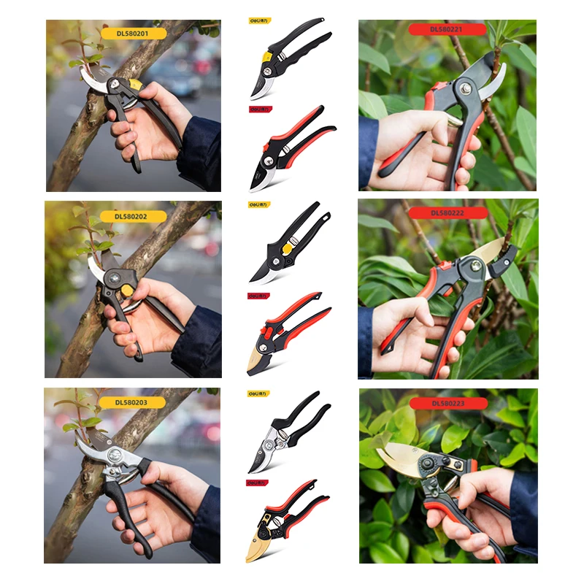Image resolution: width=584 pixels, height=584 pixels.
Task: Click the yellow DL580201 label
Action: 133,33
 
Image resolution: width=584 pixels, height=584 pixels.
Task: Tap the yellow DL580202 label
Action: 133,216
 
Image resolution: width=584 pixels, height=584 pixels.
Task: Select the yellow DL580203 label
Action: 133,402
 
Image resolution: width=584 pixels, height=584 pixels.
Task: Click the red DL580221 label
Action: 447,30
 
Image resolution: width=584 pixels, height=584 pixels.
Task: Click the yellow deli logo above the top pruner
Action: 259,21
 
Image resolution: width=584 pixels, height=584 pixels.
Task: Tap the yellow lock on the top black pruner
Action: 269,56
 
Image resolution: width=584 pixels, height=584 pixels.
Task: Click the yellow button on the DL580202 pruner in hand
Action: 128,291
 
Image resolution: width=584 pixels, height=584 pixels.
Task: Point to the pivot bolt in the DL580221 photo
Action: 465,90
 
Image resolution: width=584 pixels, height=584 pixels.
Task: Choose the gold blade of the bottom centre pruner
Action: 259,545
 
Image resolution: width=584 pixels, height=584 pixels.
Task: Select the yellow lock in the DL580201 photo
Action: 135,84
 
